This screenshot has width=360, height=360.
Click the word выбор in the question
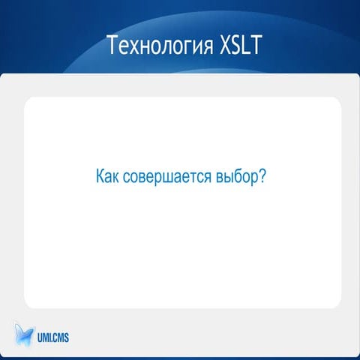tap(239, 178)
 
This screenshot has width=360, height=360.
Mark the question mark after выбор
tap(263, 178)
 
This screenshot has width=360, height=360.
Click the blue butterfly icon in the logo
tap(24, 333)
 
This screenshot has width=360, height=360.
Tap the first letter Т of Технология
tap(112, 46)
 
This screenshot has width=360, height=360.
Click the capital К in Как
tap(100, 178)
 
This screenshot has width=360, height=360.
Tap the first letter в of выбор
tap(223, 179)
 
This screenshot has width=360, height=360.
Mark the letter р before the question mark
tap(255, 180)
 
